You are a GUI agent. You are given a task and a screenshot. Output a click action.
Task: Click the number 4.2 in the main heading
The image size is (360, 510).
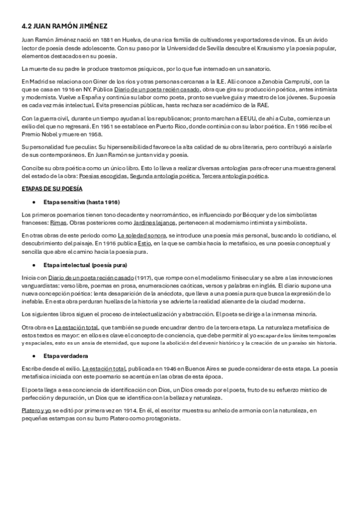click(26, 26)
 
